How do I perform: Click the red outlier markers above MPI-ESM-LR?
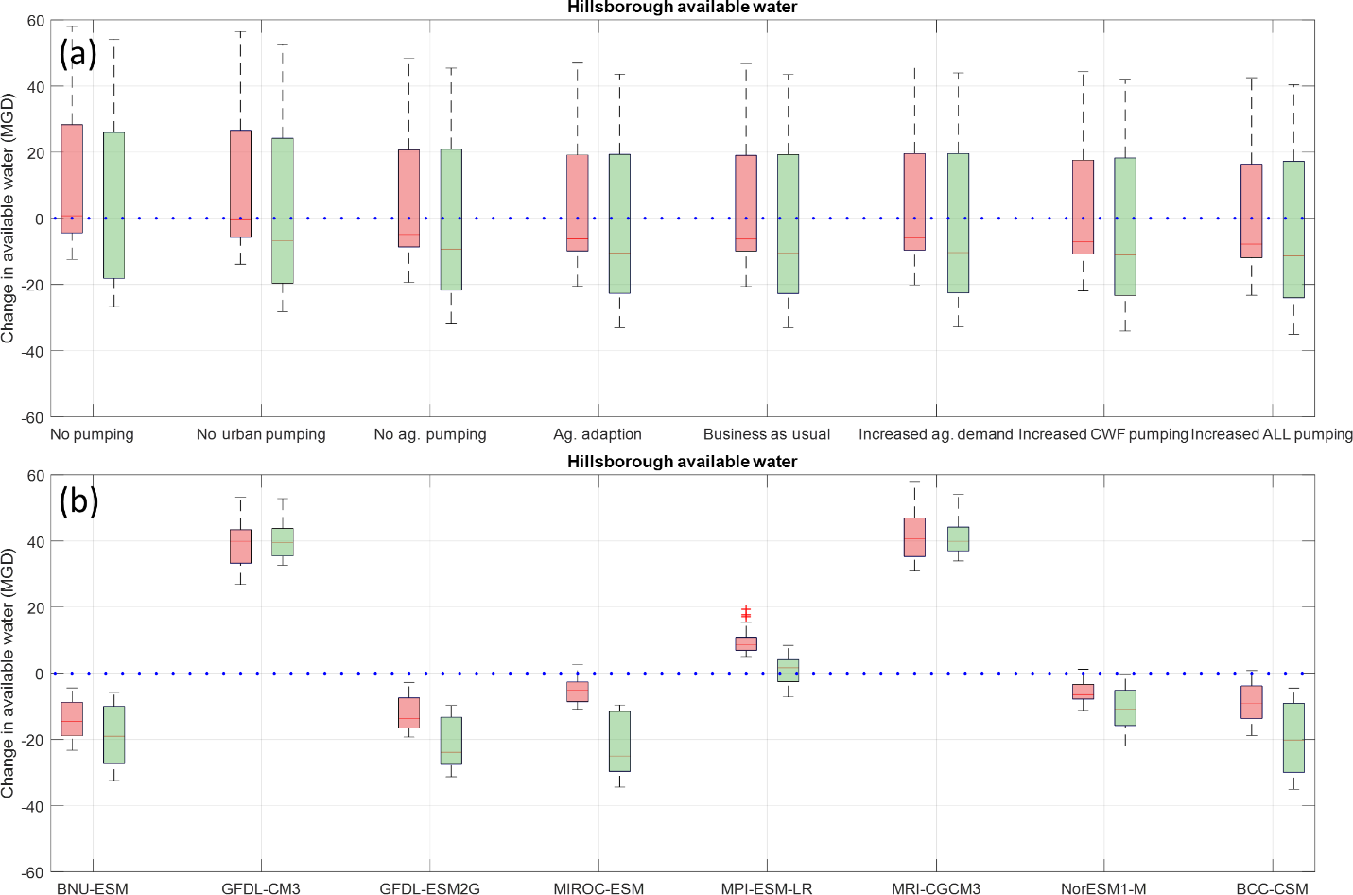(x=746, y=613)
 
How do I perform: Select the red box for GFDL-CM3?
(x=241, y=546)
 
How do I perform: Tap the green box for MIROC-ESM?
(x=619, y=741)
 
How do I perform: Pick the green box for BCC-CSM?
(x=1293, y=737)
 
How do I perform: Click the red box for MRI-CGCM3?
(x=914, y=536)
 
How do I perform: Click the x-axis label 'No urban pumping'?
(x=261, y=434)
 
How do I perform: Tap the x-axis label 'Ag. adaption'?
(x=598, y=434)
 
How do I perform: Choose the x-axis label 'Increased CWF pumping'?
(x=1102, y=434)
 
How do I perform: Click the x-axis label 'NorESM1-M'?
(x=1103, y=888)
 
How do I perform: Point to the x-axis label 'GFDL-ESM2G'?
(x=429, y=888)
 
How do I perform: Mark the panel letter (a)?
(x=78, y=53)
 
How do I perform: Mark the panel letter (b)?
(x=78, y=500)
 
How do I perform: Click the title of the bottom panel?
(x=682, y=462)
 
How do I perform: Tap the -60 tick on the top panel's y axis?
(x=34, y=417)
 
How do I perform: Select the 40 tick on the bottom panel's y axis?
(x=36, y=541)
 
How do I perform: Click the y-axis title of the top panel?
(x=9, y=218)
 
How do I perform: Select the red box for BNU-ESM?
(x=72, y=719)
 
